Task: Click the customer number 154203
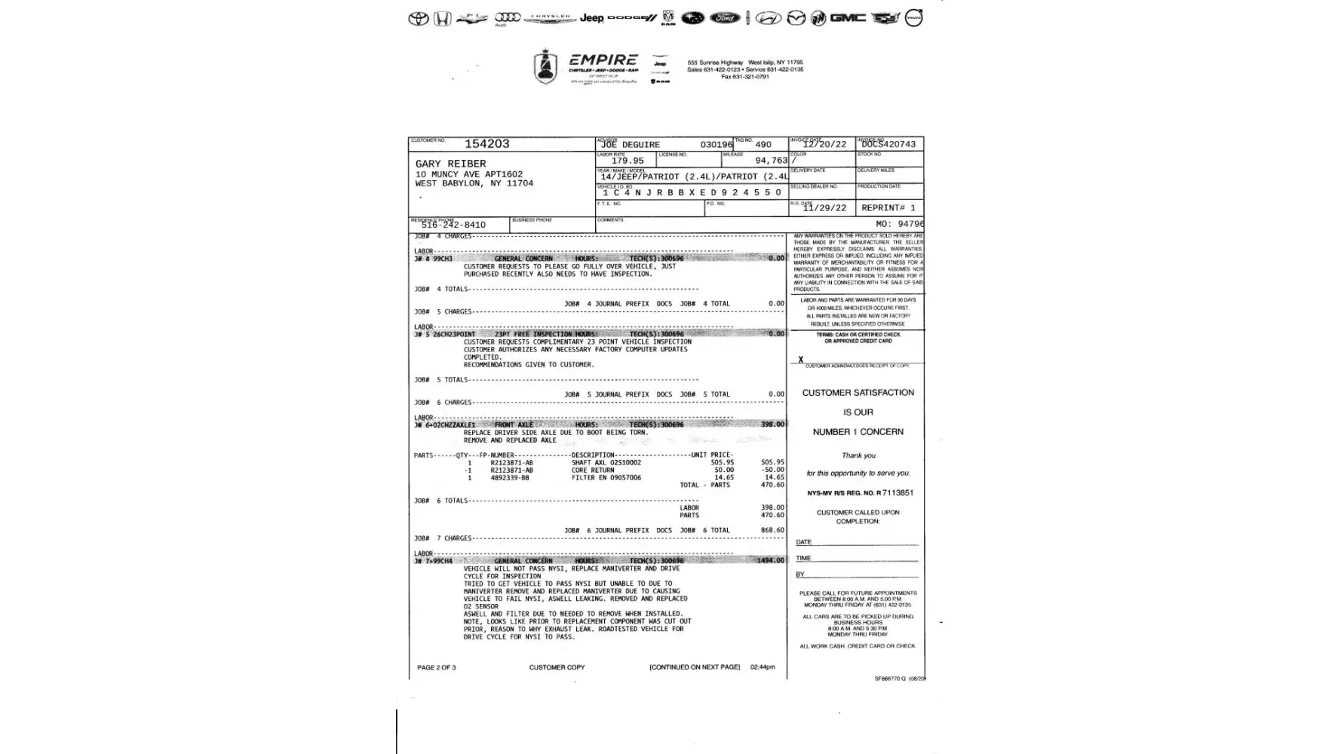[x=486, y=144]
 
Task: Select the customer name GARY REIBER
[x=450, y=164]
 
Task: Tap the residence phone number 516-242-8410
[x=453, y=225]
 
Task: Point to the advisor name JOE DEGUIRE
[x=631, y=145]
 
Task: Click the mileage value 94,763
[x=771, y=161]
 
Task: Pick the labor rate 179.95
[x=628, y=161]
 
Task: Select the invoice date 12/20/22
[x=824, y=145]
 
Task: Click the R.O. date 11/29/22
[x=824, y=208]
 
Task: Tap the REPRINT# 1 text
[x=888, y=208]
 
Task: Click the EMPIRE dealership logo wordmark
[x=603, y=60]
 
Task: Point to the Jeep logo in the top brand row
[x=591, y=18]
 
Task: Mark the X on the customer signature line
[x=800, y=360]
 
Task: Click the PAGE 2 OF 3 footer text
[x=436, y=667]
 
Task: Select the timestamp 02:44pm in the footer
[x=763, y=667]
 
